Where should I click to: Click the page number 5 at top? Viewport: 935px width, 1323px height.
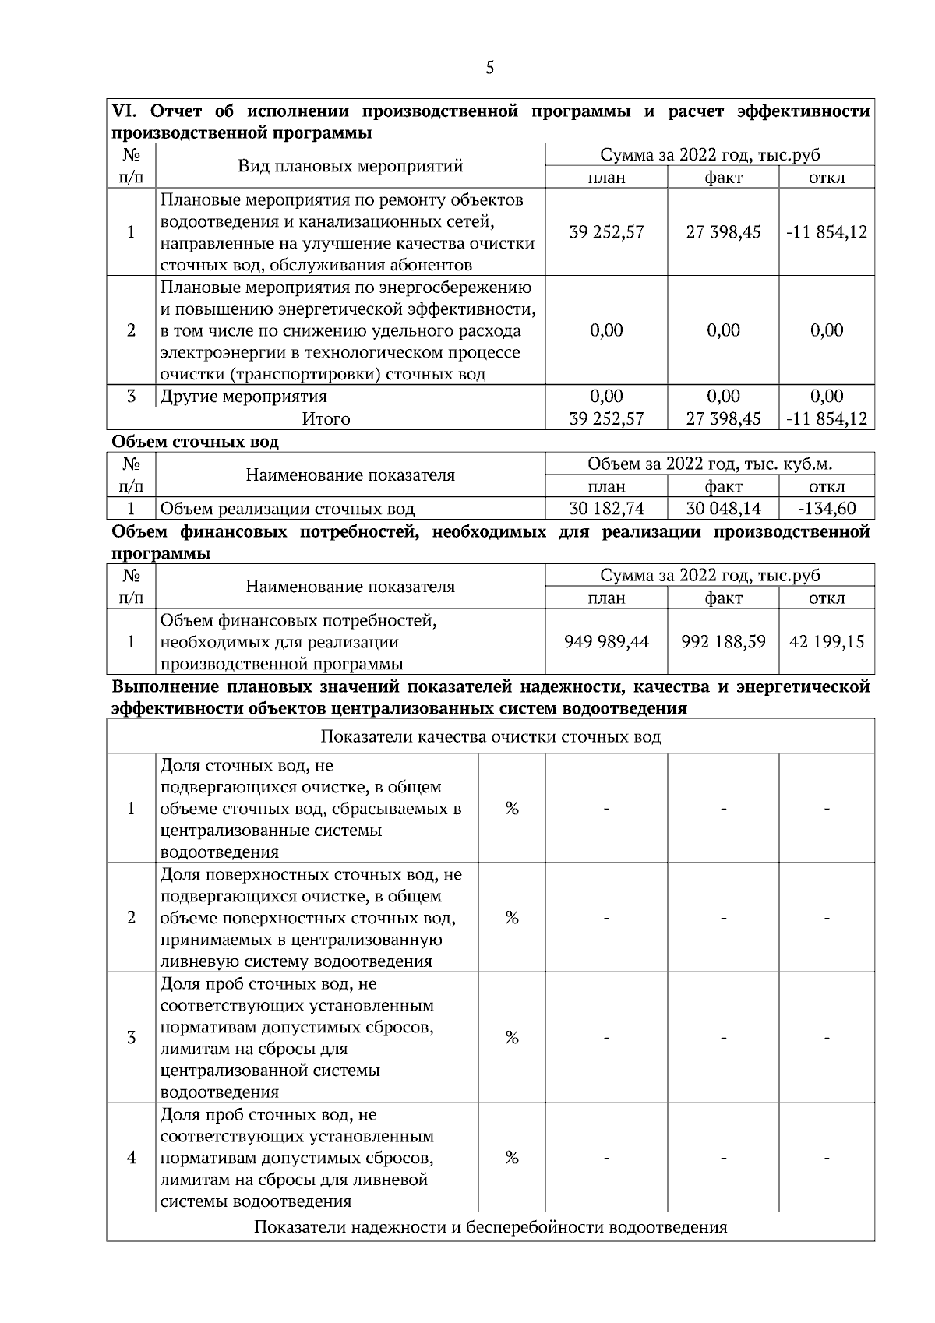point(489,68)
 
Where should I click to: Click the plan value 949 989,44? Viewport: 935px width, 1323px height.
point(606,642)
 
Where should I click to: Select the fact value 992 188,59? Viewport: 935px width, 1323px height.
point(723,642)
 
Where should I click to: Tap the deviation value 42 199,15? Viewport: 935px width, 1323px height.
point(827,642)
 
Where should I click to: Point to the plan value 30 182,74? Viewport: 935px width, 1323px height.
point(606,509)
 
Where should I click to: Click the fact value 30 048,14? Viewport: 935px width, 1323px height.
point(723,509)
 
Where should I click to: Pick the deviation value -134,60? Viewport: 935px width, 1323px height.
point(827,509)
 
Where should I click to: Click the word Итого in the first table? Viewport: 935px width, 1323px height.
point(326,419)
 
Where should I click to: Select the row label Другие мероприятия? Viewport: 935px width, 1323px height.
point(243,397)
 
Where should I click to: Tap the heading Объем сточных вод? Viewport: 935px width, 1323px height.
point(195,442)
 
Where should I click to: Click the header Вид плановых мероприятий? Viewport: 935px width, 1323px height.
point(350,166)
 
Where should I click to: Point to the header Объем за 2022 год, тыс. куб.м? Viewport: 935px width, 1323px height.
point(709,464)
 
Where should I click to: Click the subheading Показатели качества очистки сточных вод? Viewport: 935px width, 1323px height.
point(490,736)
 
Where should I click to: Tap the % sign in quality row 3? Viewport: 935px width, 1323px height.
point(512,1037)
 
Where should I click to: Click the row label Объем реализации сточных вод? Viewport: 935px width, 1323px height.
point(287,510)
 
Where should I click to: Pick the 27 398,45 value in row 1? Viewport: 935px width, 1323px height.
point(723,232)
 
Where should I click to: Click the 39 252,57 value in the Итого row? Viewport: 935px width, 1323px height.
point(606,419)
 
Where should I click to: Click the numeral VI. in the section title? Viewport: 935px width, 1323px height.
point(125,111)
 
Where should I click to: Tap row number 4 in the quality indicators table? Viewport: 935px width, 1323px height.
point(131,1158)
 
